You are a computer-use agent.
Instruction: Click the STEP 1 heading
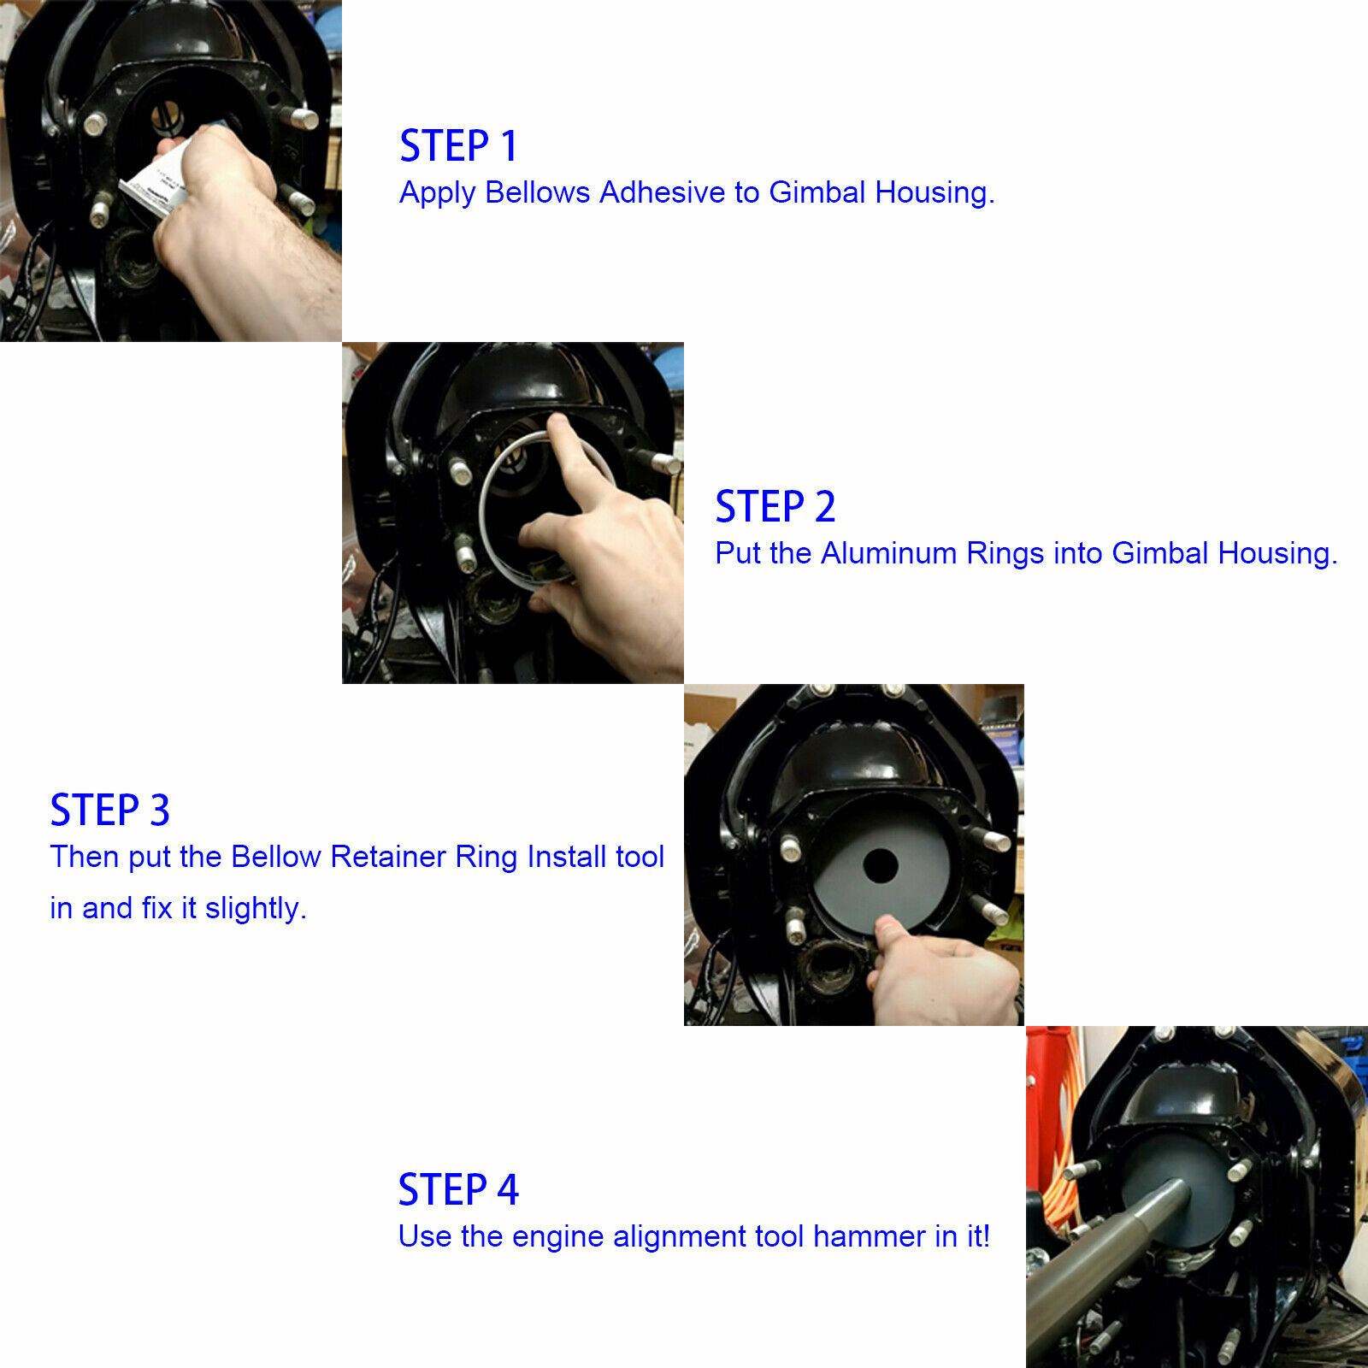point(458,145)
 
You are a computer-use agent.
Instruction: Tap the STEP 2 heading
point(775,506)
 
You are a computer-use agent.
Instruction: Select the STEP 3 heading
point(109,810)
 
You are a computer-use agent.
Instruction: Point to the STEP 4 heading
point(458,1189)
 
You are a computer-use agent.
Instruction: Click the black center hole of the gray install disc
point(880,866)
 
